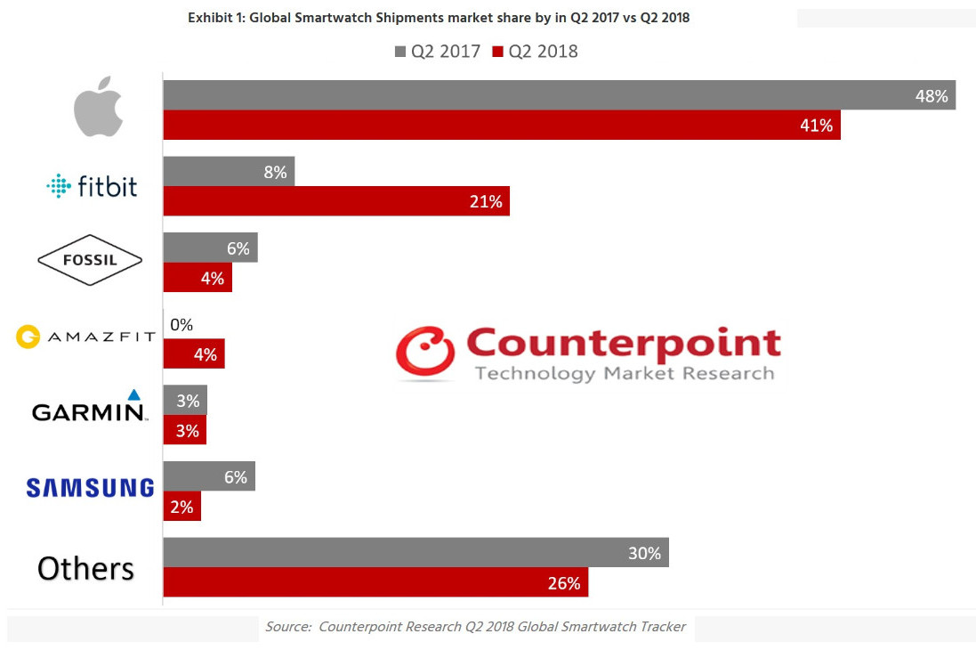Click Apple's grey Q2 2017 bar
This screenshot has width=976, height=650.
click(x=559, y=95)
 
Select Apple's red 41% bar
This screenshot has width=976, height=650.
click(x=501, y=126)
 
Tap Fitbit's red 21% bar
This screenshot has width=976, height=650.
click(x=335, y=201)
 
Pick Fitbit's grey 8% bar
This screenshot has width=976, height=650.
click(x=228, y=172)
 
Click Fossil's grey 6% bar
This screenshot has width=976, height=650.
click(x=210, y=248)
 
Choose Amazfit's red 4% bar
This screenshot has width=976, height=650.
click(x=194, y=354)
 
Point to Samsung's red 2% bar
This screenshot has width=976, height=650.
click(x=181, y=508)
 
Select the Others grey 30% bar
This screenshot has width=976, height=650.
click(x=415, y=553)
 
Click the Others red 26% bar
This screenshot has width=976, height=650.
click(x=375, y=583)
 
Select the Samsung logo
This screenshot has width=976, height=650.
click(x=90, y=487)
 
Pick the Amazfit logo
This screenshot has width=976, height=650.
click(x=86, y=337)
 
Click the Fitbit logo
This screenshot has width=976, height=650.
click(x=92, y=186)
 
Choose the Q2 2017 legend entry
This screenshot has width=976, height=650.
click(x=437, y=52)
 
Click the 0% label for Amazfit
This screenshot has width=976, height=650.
click(x=181, y=325)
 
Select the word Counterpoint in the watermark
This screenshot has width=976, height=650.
click(x=623, y=343)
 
